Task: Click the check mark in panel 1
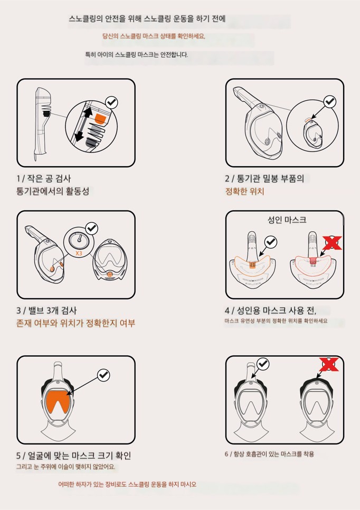(111, 102)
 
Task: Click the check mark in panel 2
(330, 102)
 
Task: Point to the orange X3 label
(79, 253)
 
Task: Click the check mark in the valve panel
(92, 228)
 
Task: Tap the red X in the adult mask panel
(331, 243)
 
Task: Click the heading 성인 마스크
(287, 220)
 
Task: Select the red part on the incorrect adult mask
(313, 260)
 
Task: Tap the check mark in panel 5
(103, 375)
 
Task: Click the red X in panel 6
(329, 365)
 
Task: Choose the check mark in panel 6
(263, 364)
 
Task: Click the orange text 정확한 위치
(244, 191)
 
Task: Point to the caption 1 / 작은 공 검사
(44, 178)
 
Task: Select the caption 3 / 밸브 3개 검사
(46, 310)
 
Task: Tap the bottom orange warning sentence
(127, 484)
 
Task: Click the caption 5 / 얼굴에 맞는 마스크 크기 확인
(73, 455)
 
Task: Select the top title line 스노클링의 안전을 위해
(147, 18)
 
